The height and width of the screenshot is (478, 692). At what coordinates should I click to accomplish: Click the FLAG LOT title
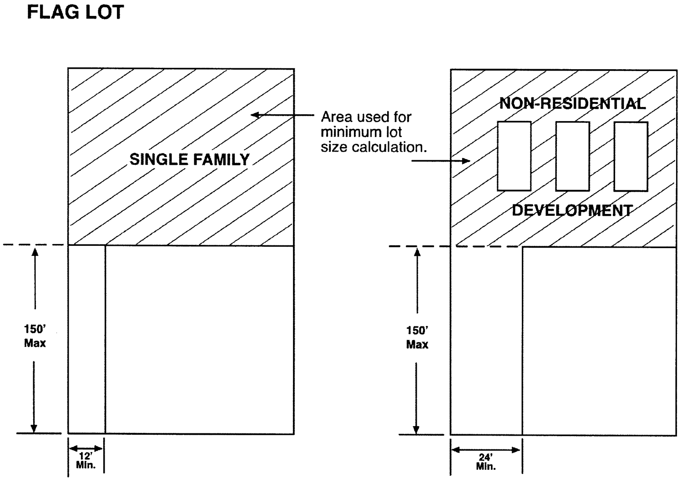75,12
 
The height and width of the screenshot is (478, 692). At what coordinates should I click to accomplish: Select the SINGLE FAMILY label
189,159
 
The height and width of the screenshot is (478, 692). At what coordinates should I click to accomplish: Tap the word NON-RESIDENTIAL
572,104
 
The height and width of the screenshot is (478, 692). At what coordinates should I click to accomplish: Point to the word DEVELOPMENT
572,210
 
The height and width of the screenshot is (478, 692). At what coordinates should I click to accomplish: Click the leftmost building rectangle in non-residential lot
514,156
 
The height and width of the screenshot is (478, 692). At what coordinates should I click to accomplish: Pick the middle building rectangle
572,156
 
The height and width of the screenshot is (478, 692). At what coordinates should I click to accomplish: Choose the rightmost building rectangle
631,156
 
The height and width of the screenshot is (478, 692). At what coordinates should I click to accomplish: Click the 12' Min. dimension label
86,461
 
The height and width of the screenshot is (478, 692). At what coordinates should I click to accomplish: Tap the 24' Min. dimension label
486,462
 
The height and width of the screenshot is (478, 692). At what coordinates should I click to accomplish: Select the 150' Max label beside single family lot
35,336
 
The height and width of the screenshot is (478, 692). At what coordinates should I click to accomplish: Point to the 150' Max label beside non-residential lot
417,337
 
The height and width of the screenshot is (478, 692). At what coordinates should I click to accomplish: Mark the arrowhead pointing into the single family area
255,115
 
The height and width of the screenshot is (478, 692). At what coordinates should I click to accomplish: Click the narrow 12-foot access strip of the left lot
86,339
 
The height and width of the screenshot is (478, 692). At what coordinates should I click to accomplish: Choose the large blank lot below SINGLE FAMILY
199,339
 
